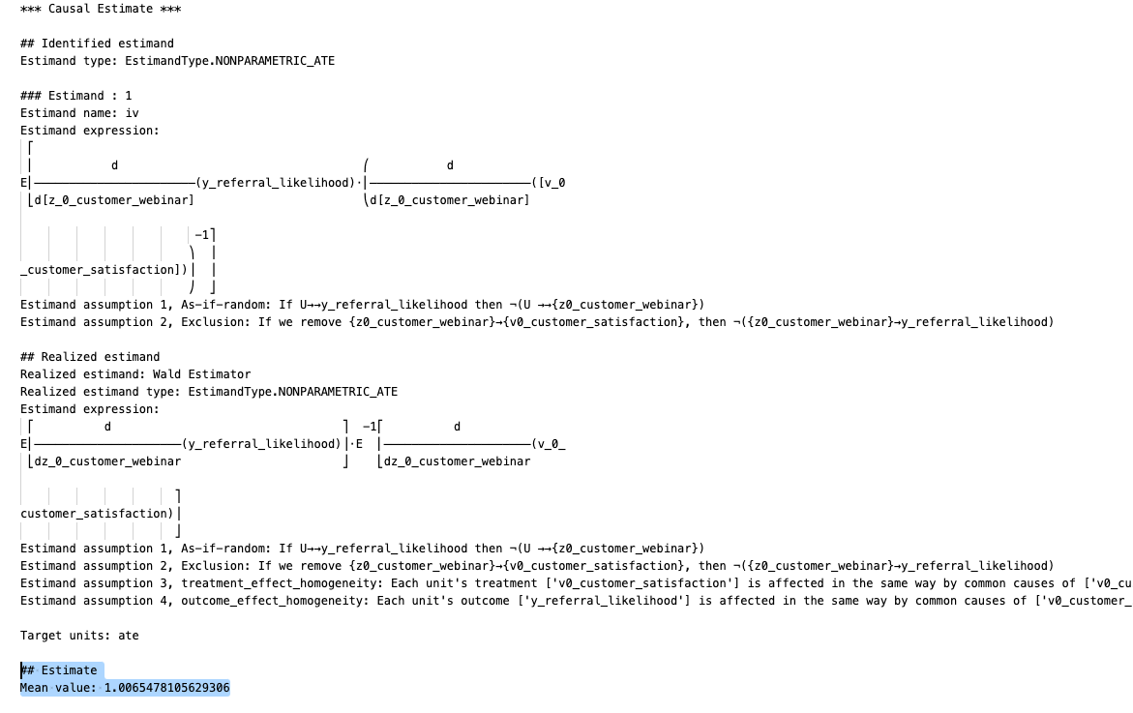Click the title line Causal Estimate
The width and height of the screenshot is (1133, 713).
tap(102, 9)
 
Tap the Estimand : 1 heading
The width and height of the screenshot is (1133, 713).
tap(76, 96)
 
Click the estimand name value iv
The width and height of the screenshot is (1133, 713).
tap(133, 113)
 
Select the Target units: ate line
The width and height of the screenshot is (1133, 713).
tap(79, 636)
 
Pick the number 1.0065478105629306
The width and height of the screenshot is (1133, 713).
tap(166, 688)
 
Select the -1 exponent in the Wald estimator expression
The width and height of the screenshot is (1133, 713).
tap(369, 427)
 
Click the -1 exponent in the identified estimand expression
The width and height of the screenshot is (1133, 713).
tap(202, 235)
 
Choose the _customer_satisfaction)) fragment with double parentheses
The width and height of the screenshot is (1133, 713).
tap(104, 270)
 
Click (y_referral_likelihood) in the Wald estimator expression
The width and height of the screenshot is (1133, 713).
tap(261, 444)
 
